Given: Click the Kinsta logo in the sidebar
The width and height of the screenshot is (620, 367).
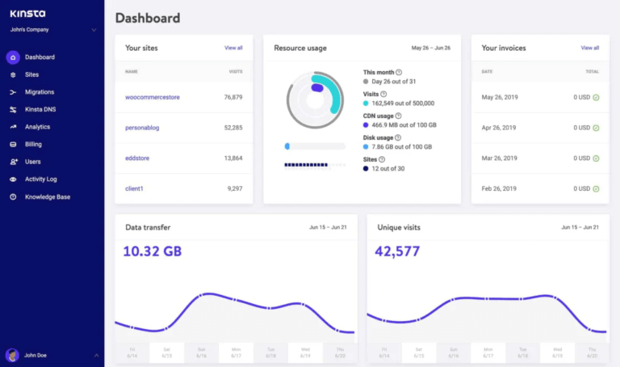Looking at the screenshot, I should (27, 14).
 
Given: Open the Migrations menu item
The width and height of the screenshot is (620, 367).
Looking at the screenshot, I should (40, 92).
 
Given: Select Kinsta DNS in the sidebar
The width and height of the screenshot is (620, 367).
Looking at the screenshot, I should (40, 109).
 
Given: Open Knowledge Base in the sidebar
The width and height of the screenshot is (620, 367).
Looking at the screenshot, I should (47, 196).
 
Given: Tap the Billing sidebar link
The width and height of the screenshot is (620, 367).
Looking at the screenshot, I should (33, 144).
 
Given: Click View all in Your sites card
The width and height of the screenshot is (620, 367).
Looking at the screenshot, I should (233, 49).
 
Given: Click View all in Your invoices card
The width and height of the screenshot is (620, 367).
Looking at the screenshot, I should (590, 49).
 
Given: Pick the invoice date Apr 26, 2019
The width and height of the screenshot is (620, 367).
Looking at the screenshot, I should (499, 128).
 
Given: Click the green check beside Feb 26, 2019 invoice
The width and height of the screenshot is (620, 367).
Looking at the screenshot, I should (596, 189).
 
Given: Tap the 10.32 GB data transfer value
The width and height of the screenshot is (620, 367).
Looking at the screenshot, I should (153, 251).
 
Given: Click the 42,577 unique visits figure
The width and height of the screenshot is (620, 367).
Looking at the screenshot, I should (397, 251).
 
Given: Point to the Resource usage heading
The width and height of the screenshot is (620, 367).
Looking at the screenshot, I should (300, 49).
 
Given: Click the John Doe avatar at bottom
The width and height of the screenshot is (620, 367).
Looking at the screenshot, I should (12, 355).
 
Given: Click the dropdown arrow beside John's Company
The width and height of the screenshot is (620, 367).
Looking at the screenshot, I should (94, 30).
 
